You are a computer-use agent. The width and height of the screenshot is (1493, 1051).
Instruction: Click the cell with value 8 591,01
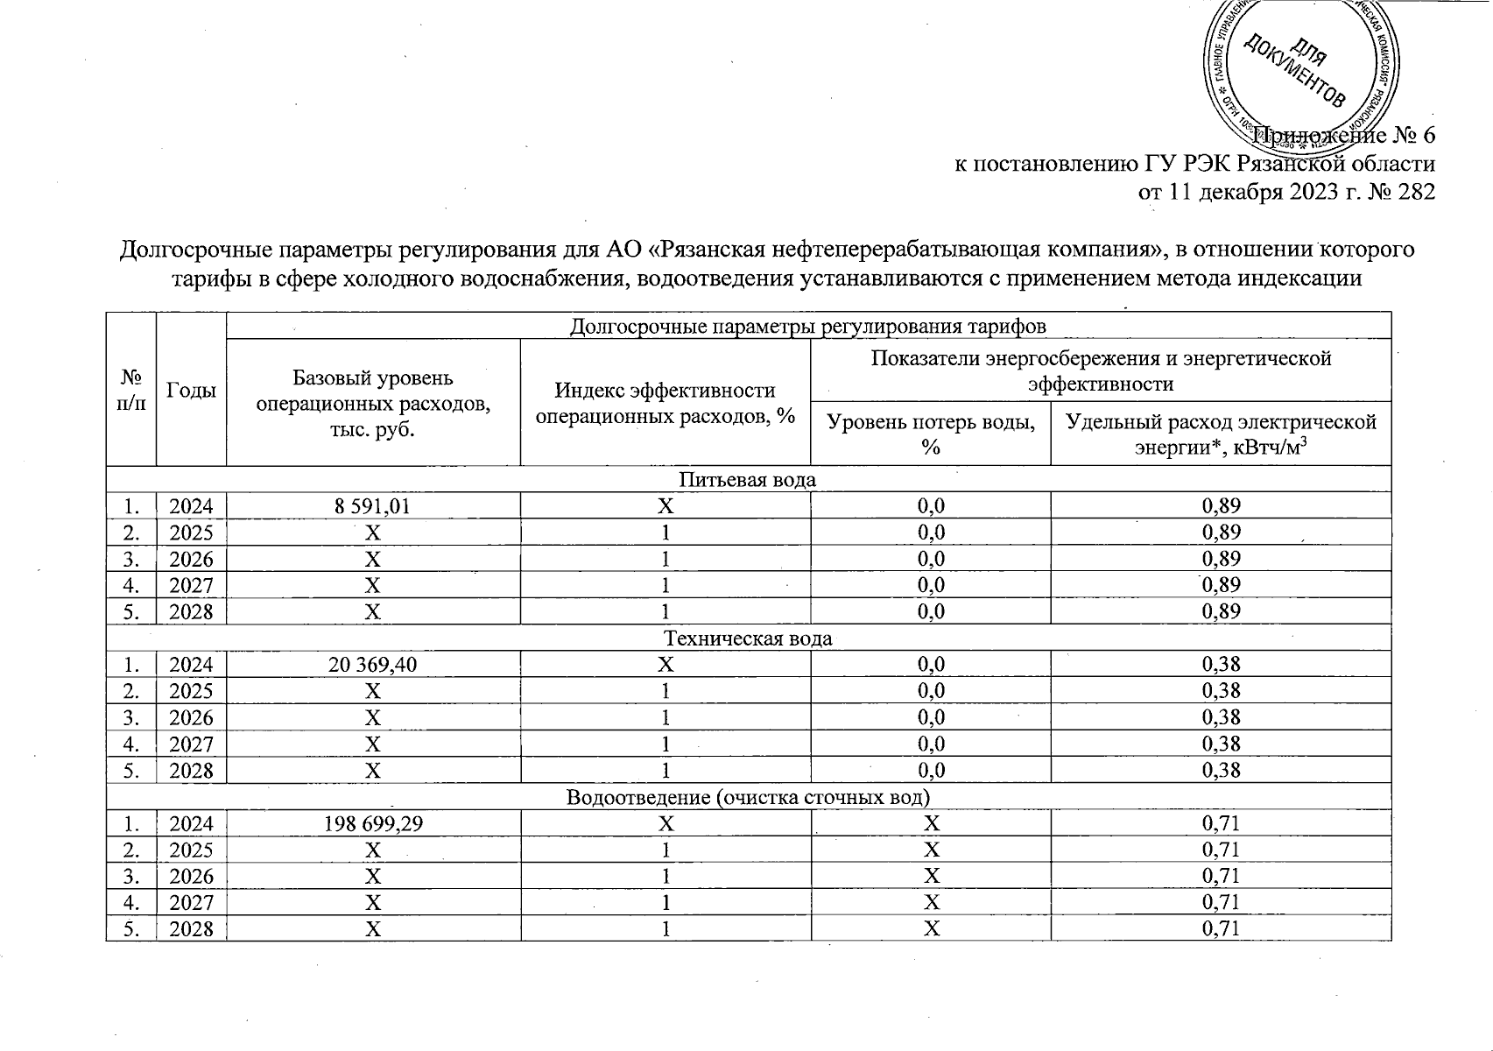click(373, 505)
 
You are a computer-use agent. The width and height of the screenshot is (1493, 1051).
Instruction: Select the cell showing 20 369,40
click(373, 665)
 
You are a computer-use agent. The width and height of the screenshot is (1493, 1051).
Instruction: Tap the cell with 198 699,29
click(373, 824)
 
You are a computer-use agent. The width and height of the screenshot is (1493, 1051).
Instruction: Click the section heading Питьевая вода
click(748, 479)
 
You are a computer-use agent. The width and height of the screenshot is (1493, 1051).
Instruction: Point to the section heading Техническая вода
click(748, 638)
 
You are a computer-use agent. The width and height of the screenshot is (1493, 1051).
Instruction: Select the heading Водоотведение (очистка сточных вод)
click(748, 797)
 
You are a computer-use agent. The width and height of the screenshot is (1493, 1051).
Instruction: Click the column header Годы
click(191, 391)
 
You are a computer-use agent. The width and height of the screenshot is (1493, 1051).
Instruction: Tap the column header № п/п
click(131, 391)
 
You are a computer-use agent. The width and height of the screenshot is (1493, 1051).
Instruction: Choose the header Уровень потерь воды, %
click(930, 434)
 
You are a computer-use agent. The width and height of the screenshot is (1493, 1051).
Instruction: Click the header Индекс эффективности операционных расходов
click(666, 403)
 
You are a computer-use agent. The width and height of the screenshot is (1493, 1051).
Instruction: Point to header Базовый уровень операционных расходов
click(373, 403)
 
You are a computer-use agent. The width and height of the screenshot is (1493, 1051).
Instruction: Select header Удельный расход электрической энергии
click(1221, 434)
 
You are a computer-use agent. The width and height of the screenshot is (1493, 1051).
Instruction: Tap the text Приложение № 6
click(1345, 136)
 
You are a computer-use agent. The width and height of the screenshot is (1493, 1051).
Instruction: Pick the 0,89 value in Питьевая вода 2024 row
click(1221, 505)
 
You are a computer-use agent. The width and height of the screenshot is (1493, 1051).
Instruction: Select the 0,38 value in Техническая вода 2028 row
click(1221, 771)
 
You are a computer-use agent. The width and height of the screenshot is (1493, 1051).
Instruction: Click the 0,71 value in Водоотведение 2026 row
click(1221, 877)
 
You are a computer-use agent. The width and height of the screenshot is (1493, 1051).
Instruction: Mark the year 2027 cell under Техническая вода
click(191, 744)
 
